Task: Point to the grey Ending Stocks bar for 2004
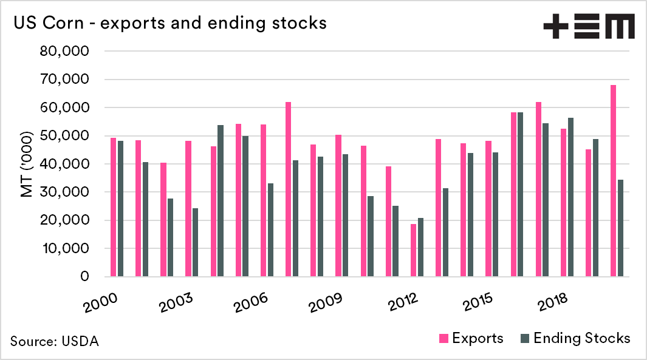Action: (x=221, y=201)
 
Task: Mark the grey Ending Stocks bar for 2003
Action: (x=196, y=243)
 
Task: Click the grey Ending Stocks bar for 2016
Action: (x=521, y=194)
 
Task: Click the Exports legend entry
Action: (x=470, y=338)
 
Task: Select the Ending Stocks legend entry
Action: (x=574, y=338)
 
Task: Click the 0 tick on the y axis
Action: (x=84, y=277)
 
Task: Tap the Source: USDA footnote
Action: (x=54, y=341)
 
